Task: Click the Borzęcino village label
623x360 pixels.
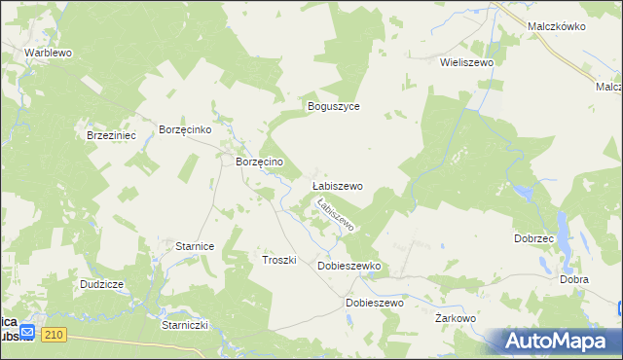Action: (x=260, y=162)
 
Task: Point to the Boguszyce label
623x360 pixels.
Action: (x=334, y=106)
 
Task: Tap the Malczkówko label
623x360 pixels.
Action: (x=556, y=27)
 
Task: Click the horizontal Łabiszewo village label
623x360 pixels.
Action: (x=337, y=186)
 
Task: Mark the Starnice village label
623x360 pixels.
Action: (x=195, y=247)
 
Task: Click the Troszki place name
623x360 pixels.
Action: (x=278, y=261)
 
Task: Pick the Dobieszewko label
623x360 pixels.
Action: (x=348, y=266)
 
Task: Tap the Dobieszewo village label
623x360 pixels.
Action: (x=375, y=303)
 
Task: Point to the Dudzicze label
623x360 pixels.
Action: (x=101, y=284)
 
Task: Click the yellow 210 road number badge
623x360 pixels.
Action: (x=54, y=335)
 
